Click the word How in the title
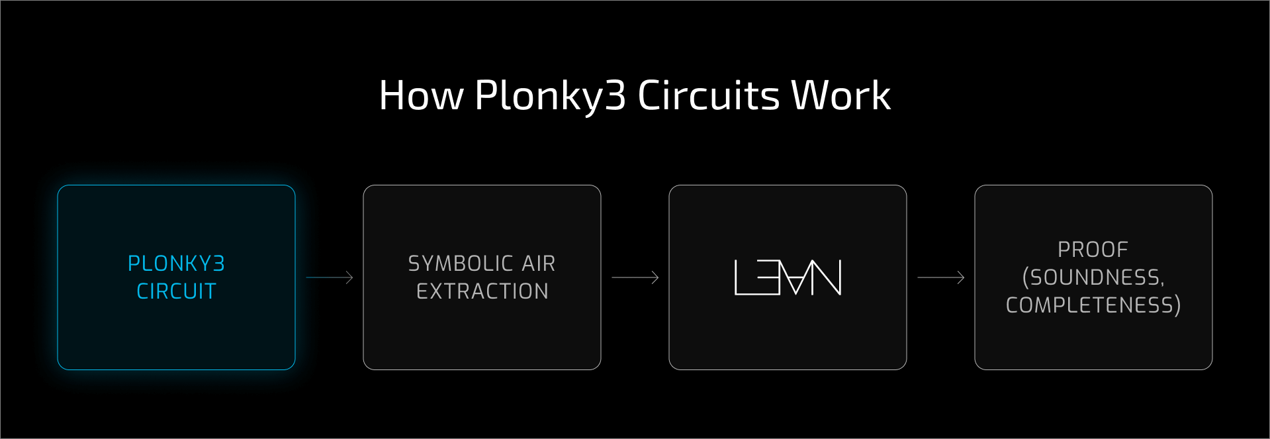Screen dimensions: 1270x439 422,96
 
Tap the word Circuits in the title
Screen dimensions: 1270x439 708,96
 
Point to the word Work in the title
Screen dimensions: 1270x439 841,96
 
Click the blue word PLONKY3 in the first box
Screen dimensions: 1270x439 176,264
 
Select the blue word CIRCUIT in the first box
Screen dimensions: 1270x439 176,291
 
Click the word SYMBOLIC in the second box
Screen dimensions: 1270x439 460,264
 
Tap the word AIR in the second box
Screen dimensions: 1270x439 538,264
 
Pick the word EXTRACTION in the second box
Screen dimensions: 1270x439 482,291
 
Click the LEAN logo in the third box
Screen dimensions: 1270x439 788,277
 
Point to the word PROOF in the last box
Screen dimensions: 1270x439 1093,250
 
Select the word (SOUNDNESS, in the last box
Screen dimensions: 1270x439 1093,277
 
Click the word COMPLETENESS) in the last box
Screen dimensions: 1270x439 1093,305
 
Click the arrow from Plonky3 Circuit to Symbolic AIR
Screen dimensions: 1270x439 330,277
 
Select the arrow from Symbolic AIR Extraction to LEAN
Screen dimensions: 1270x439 635,277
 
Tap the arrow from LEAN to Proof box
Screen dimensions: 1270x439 940,277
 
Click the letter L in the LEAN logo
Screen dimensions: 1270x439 744,277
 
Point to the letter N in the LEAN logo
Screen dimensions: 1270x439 827,277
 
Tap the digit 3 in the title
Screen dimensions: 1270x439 615,96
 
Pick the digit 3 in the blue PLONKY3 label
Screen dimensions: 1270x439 219,264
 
